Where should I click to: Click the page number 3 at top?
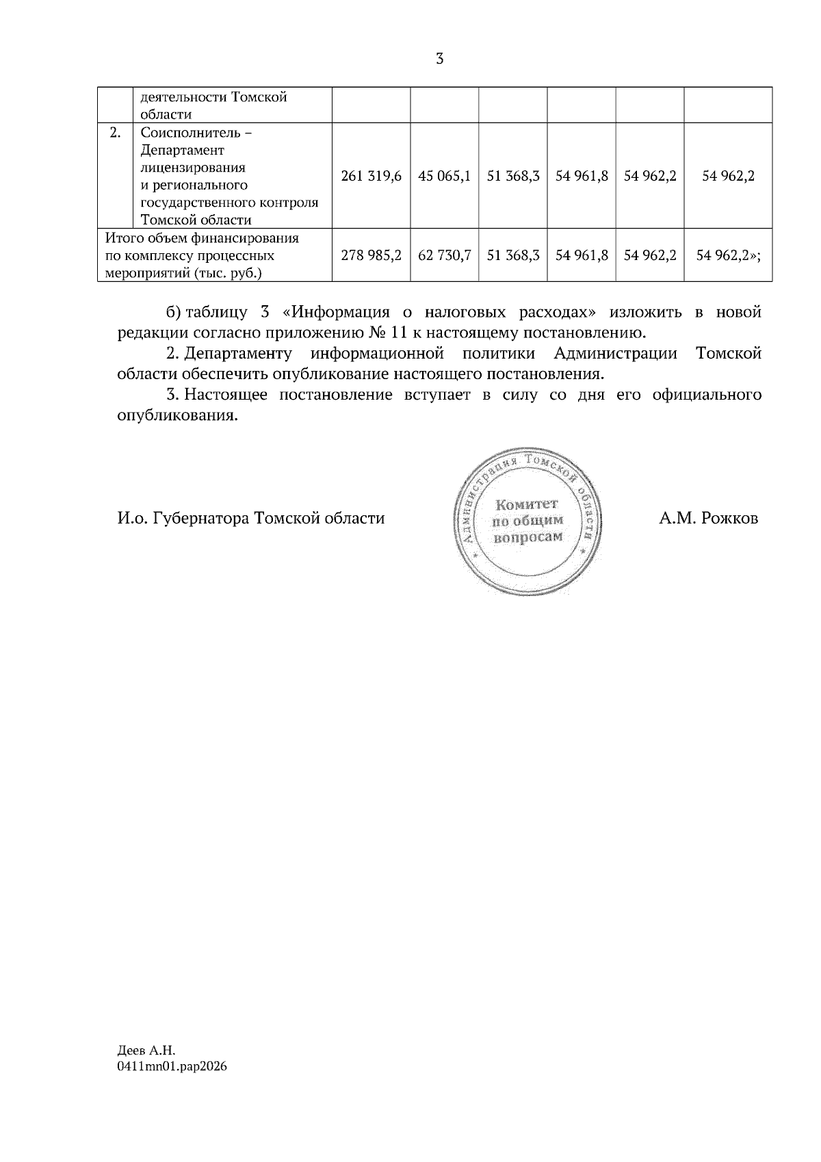click(439, 59)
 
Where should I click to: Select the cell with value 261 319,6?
click(371, 176)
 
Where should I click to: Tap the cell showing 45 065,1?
click(444, 176)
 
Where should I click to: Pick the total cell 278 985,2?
click(371, 255)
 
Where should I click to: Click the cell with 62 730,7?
click(444, 255)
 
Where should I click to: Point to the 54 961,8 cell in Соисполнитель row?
click(582, 176)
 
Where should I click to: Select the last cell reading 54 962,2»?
click(728, 255)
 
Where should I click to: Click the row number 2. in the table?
click(116, 132)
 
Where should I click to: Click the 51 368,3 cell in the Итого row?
click(513, 255)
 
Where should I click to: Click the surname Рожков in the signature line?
click(728, 518)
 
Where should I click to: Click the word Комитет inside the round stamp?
click(527, 504)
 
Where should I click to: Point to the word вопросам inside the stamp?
click(527, 537)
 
